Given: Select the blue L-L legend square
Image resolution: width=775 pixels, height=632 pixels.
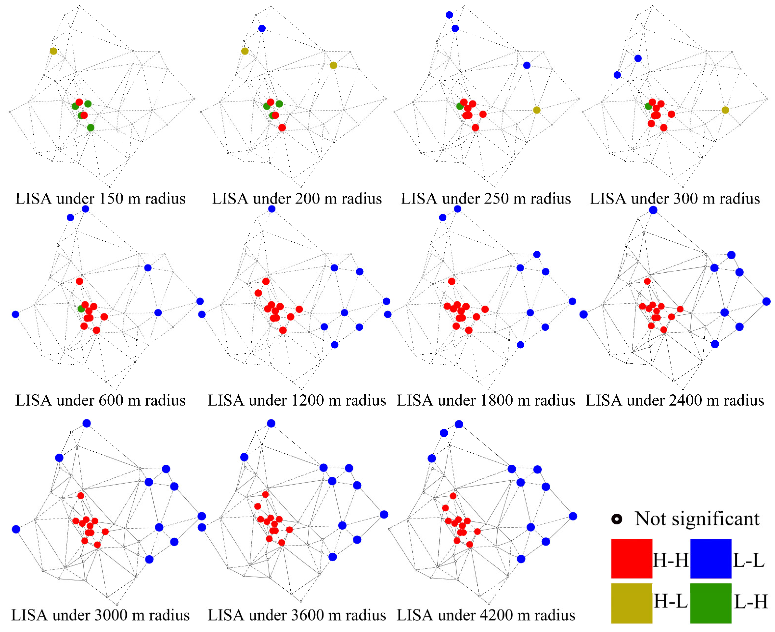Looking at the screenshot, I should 710,558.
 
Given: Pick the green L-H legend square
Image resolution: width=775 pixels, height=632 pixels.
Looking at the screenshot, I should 710,603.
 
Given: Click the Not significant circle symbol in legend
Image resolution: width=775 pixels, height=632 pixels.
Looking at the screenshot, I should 617,519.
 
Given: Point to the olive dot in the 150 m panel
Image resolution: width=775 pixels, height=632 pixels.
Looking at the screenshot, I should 53,51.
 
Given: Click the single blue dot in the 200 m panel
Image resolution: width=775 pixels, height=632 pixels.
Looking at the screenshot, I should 262,28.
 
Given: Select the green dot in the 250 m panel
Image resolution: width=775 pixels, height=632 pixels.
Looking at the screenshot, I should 460,106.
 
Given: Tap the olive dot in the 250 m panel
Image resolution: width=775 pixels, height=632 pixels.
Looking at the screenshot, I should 536,110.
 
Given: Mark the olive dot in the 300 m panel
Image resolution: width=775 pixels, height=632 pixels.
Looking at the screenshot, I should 725,110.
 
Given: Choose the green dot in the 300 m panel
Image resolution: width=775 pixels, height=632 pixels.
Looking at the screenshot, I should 648,106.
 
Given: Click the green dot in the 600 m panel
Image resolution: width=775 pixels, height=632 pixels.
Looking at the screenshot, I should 81,309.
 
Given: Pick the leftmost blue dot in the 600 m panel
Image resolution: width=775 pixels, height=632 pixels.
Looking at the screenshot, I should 15,314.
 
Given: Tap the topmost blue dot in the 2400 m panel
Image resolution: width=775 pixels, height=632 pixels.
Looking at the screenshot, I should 653,210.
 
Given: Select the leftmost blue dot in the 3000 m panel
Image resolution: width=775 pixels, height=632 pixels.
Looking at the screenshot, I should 16,529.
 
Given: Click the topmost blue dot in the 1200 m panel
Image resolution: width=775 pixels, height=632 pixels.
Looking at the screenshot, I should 271,209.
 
